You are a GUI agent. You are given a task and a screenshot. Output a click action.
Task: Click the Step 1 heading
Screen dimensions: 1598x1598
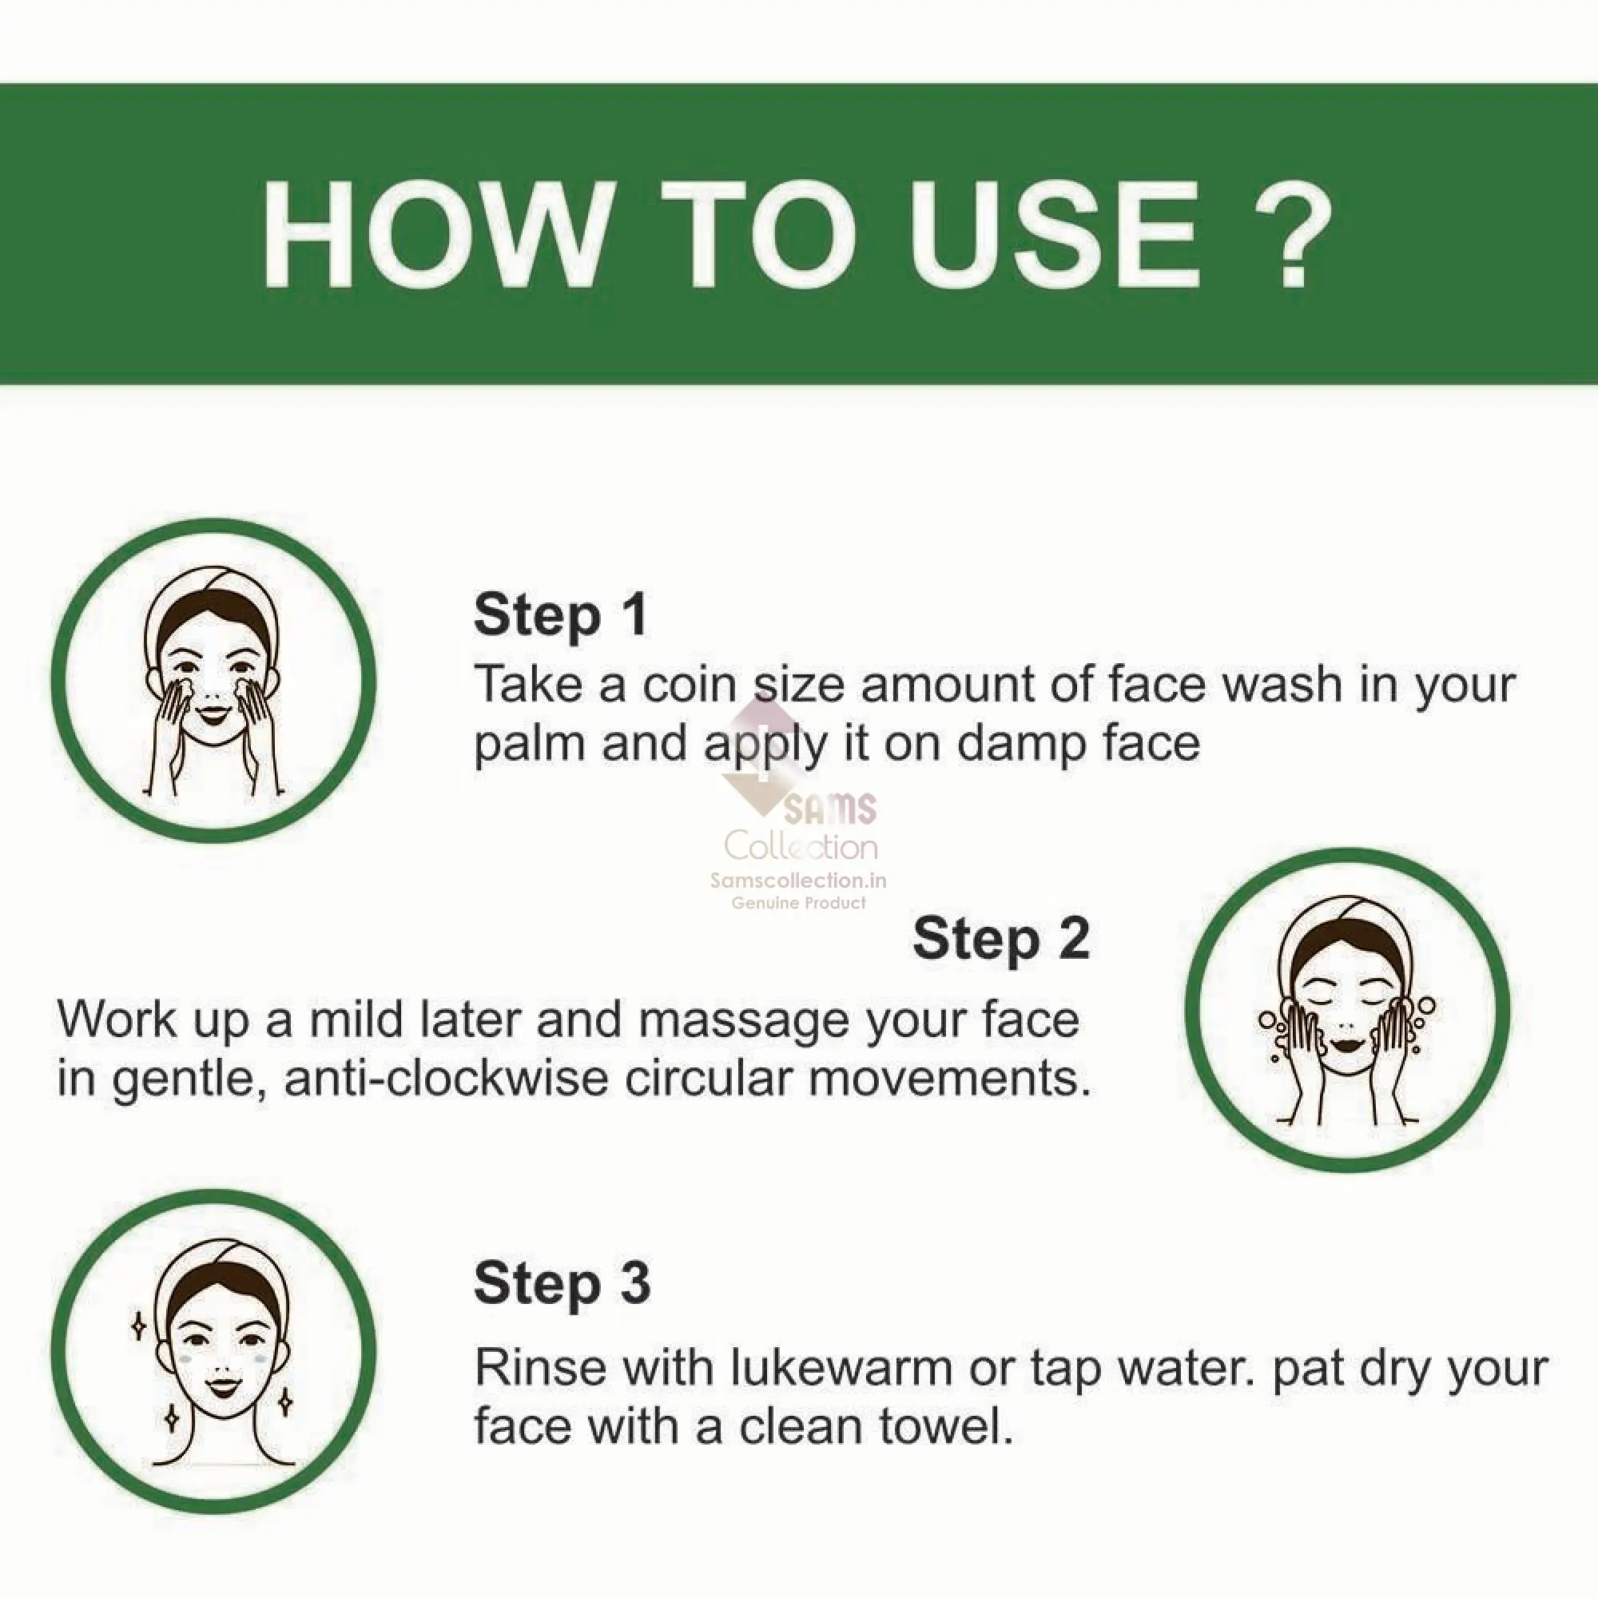tap(561, 614)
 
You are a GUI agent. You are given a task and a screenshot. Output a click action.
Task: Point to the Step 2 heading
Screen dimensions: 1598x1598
tap(1001, 939)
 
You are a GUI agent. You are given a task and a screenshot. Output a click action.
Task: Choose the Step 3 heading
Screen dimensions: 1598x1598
tap(562, 1283)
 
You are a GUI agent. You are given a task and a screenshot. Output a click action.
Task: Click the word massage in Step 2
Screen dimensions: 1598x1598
tap(751, 1020)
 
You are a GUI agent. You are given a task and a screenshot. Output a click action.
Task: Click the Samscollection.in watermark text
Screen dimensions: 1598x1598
tap(798, 880)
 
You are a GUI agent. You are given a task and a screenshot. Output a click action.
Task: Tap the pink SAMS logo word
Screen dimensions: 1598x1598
tap(829, 809)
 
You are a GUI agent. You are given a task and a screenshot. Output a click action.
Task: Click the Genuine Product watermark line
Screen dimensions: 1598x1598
tap(798, 903)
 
